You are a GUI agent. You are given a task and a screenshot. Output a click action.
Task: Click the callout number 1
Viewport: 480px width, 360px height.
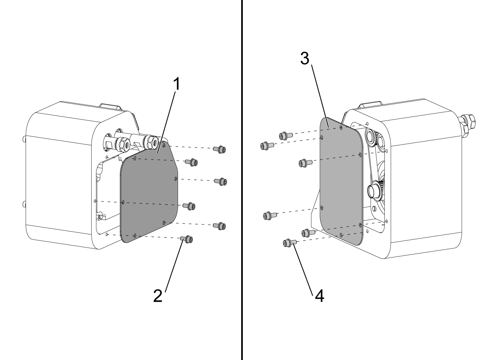click(x=176, y=84)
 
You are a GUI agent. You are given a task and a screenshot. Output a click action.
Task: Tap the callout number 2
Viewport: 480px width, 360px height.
click(x=158, y=296)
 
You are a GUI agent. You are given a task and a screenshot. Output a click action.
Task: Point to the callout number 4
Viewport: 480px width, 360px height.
click(x=320, y=296)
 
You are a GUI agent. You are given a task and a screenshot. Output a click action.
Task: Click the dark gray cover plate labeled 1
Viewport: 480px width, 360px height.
click(x=149, y=192)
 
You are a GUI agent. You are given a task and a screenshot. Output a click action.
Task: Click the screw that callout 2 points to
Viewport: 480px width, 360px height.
click(x=186, y=239)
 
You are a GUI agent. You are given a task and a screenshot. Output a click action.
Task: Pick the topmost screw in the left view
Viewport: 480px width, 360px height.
click(x=220, y=149)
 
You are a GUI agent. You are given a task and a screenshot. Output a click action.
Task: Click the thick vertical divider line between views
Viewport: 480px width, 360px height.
click(x=242, y=180)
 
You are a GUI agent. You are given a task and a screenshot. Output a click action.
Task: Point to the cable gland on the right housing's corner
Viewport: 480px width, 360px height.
click(x=468, y=123)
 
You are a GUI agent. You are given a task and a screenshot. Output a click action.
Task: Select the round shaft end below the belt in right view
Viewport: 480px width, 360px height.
click(x=374, y=190)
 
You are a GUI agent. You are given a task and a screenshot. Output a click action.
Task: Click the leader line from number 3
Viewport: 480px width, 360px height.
click(x=320, y=96)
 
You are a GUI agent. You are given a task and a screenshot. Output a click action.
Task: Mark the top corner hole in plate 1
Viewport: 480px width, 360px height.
click(x=164, y=144)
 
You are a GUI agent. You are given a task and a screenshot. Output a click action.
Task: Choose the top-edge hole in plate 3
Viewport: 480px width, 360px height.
click(x=341, y=127)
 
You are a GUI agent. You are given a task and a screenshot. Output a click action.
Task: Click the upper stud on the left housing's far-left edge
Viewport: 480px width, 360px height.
click(x=24, y=139)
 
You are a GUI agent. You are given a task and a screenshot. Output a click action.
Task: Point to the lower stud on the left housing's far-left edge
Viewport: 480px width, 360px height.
click(x=24, y=204)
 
